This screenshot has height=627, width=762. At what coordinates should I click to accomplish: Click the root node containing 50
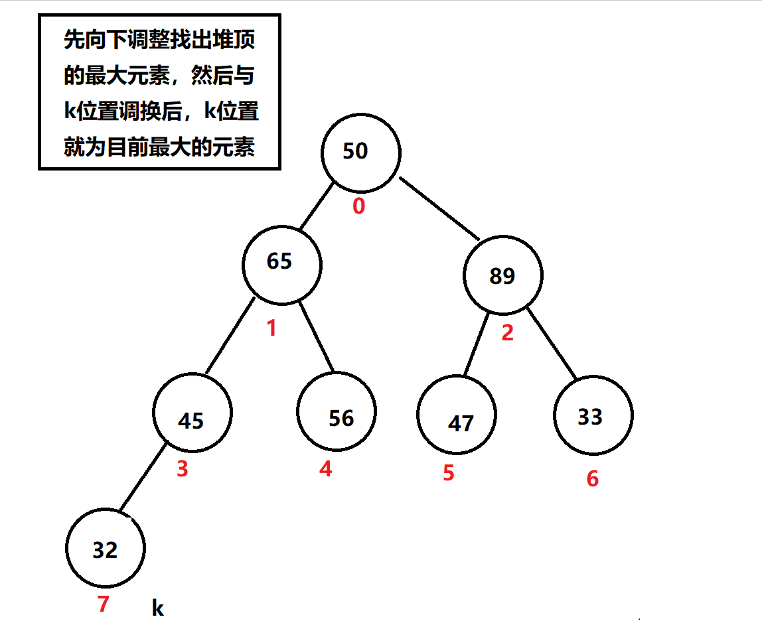click(360, 152)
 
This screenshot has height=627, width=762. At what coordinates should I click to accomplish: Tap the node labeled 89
click(502, 275)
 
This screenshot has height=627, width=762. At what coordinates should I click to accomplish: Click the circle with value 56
click(337, 411)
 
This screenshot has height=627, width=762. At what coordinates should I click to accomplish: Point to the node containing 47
click(457, 416)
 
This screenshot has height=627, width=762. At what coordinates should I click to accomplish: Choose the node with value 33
click(593, 416)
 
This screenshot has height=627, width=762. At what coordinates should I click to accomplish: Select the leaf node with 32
click(106, 549)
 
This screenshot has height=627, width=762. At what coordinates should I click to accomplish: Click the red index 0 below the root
click(358, 207)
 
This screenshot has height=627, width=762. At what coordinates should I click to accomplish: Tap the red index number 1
click(271, 328)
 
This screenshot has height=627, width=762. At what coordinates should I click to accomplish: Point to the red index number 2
click(507, 332)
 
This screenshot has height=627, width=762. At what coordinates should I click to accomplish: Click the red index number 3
click(182, 469)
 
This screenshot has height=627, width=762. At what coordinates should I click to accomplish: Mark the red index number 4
click(325, 469)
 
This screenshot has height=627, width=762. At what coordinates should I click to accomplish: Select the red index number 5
click(449, 472)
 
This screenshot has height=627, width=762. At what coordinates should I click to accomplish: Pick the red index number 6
click(593, 478)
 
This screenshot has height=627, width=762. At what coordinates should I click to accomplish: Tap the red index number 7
click(103, 604)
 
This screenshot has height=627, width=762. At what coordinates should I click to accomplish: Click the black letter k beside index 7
click(157, 608)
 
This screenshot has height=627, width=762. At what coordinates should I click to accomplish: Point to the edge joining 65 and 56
click(316, 336)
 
